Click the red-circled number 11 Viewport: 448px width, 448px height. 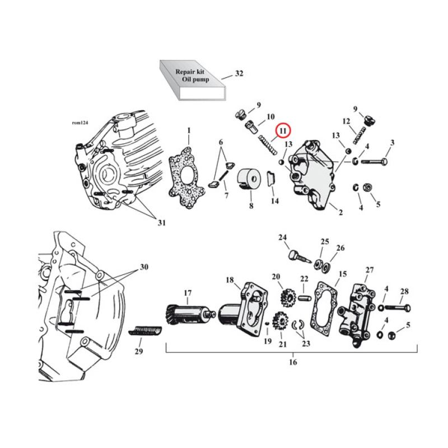click(283, 131)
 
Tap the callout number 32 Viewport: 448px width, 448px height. click(239, 74)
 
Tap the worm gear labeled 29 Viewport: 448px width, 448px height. click(147, 330)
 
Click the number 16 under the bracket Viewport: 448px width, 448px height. click(293, 362)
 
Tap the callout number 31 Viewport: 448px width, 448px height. click(161, 223)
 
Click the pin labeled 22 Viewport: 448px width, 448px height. click(304, 297)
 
